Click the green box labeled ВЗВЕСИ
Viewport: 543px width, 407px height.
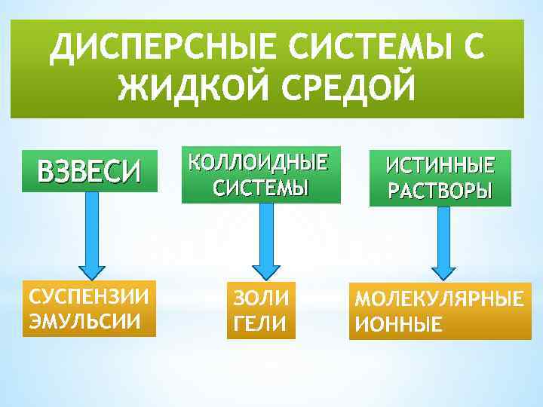[90, 172]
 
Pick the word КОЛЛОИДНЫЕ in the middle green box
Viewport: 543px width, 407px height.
[259, 163]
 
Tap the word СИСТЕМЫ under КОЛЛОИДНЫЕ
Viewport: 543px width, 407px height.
[260, 187]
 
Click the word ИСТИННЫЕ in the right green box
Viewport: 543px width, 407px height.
[440, 166]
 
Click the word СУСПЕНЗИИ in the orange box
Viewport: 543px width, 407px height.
[89, 294]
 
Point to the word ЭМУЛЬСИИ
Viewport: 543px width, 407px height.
[84, 320]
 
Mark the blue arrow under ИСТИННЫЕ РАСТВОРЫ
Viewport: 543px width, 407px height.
[443, 242]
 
